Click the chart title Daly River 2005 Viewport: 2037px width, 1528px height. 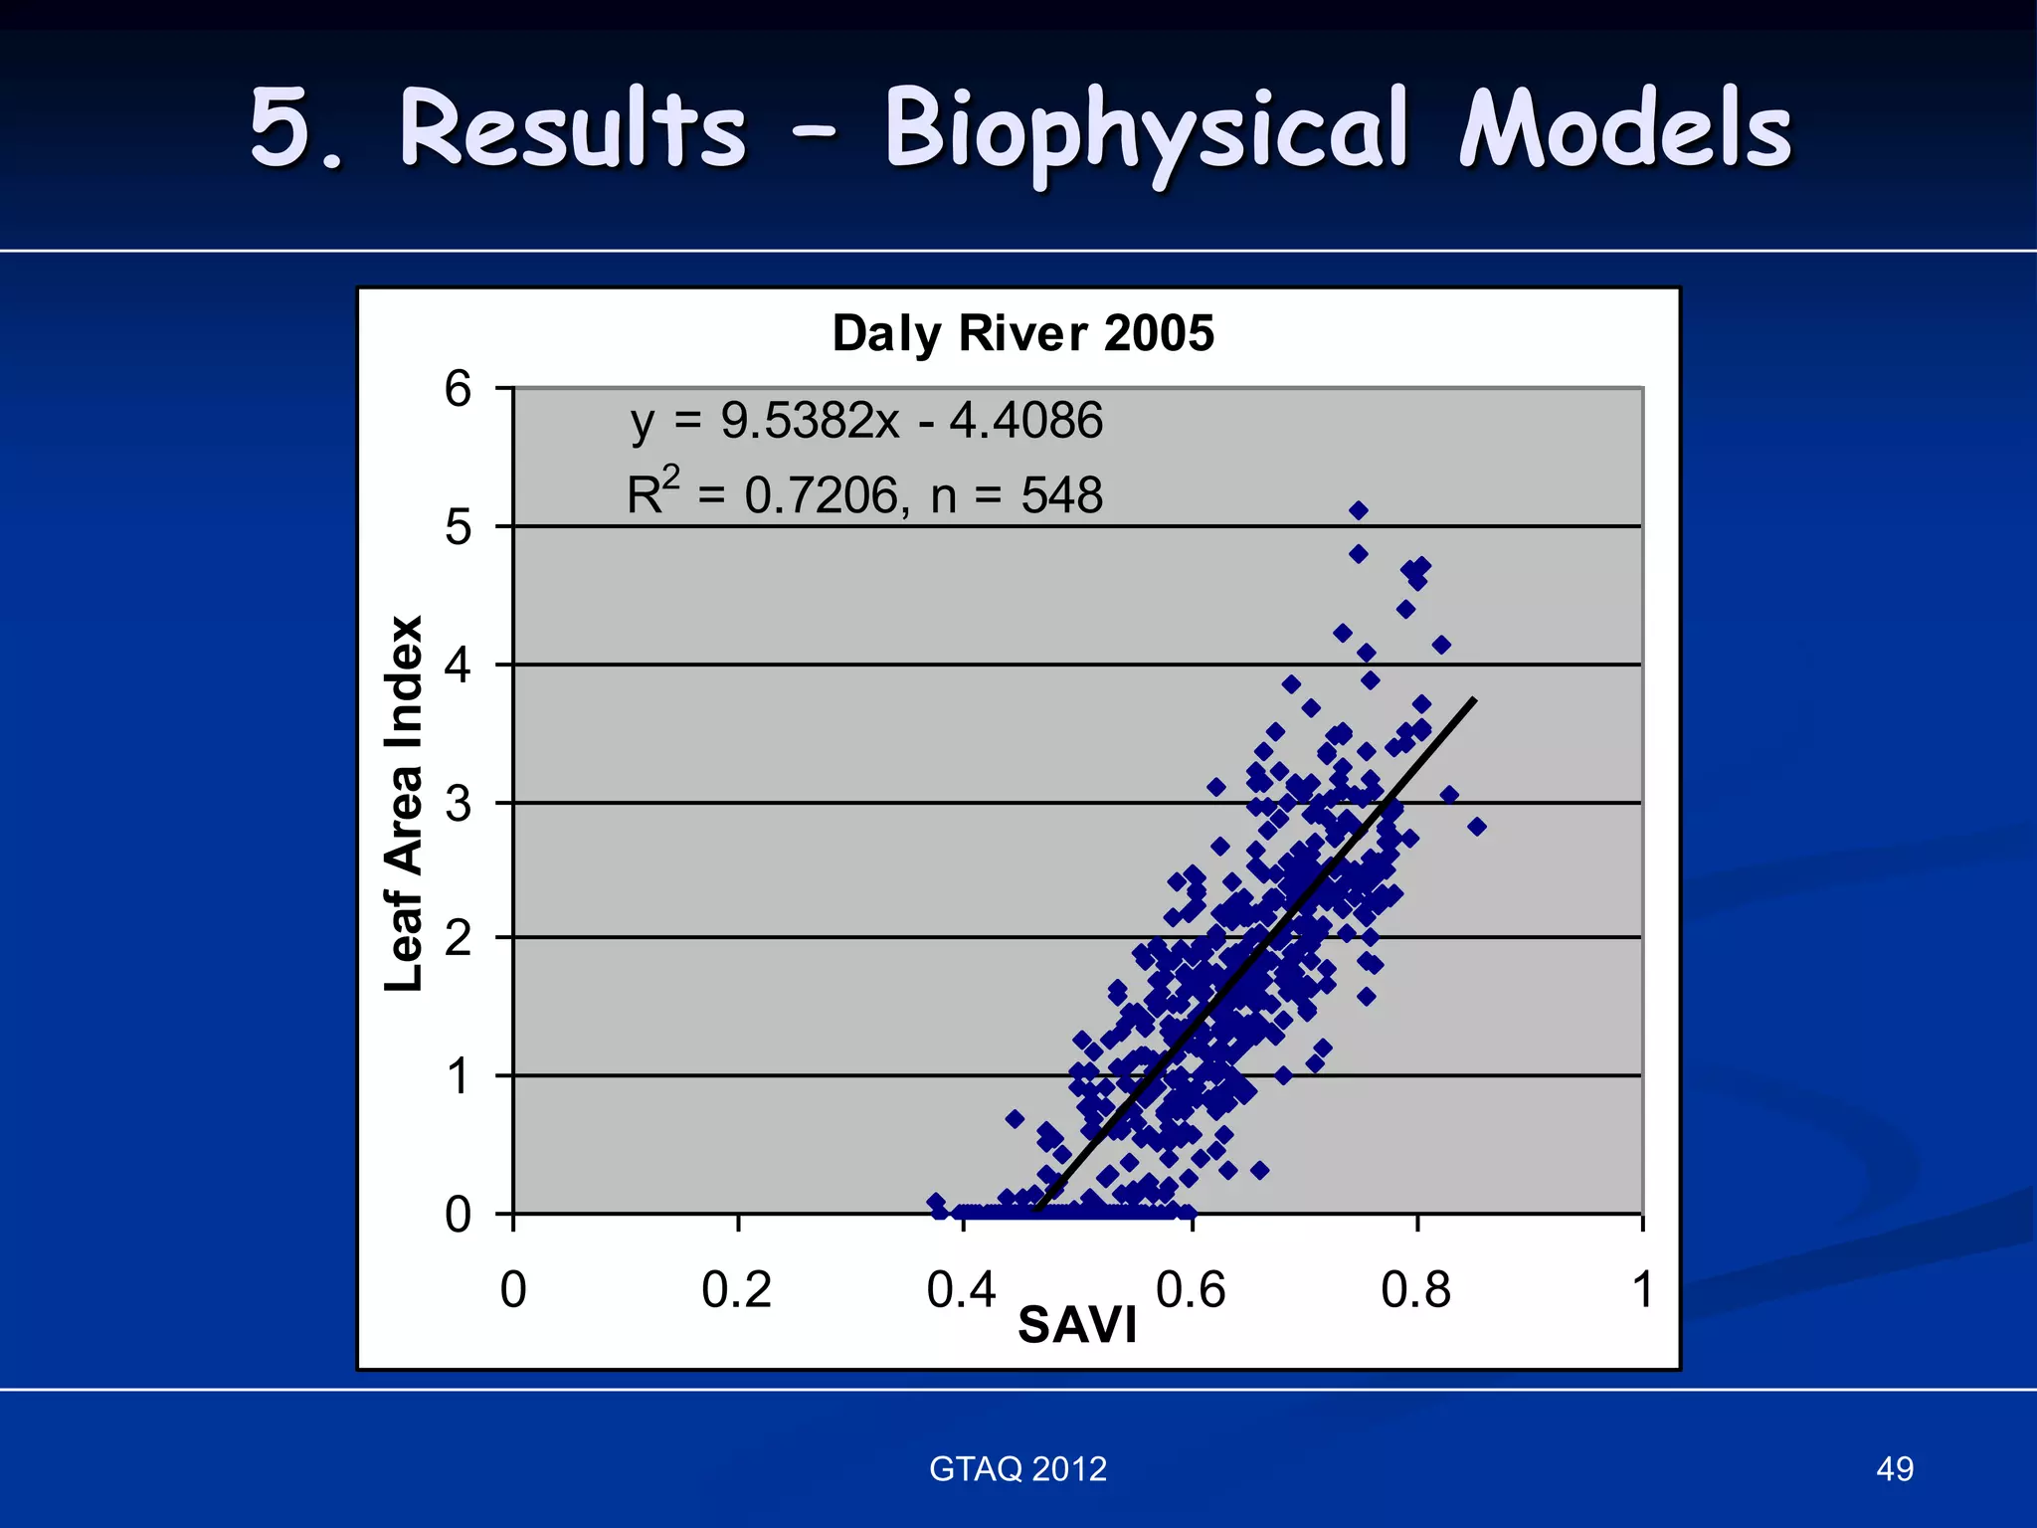[1022, 333]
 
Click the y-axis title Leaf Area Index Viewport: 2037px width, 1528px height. [404, 804]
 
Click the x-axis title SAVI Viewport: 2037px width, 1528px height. [1077, 1325]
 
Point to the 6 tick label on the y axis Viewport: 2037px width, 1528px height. [458, 388]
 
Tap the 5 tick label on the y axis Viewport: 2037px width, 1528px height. [458, 526]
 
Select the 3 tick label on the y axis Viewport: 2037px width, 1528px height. [458, 803]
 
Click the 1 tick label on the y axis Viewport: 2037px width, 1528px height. [458, 1076]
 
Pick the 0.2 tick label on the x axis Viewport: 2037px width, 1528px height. [736, 1290]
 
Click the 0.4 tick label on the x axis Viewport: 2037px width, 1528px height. [961, 1290]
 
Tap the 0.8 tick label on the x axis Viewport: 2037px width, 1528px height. [1415, 1290]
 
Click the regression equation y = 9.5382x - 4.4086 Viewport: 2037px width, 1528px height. [866, 421]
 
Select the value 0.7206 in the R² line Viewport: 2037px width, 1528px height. [822, 495]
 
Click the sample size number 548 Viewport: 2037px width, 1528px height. [1061, 495]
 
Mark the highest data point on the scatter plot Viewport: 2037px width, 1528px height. [1359, 510]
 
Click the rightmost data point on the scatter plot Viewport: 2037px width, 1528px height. [1477, 827]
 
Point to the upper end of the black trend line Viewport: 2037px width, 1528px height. [1474, 700]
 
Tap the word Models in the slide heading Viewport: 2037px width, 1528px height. [1625, 129]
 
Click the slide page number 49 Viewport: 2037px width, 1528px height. [1894, 1468]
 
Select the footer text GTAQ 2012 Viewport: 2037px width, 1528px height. [1018, 1468]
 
